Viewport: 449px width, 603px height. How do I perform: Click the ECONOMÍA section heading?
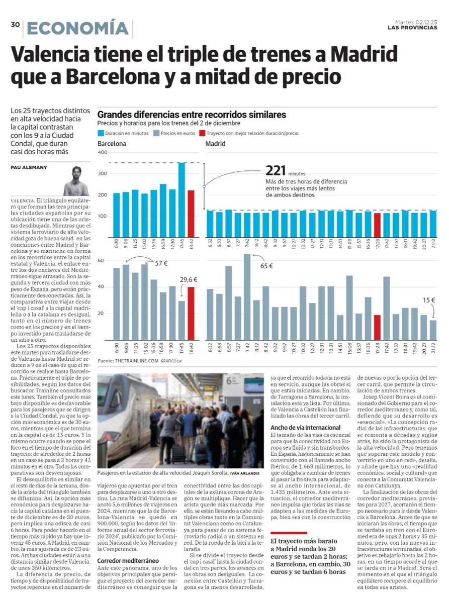pyautogui.click(x=77, y=28)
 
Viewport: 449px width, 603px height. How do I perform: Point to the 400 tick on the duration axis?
pyautogui.click(x=103, y=152)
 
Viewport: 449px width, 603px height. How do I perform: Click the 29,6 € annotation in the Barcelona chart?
pyautogui.click(x=189, y=279)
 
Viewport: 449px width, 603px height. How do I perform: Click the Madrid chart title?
pyautogui.click(x=215, y=144)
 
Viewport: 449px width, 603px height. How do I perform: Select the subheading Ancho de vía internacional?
pyautogui.click(x=301, y=427)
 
